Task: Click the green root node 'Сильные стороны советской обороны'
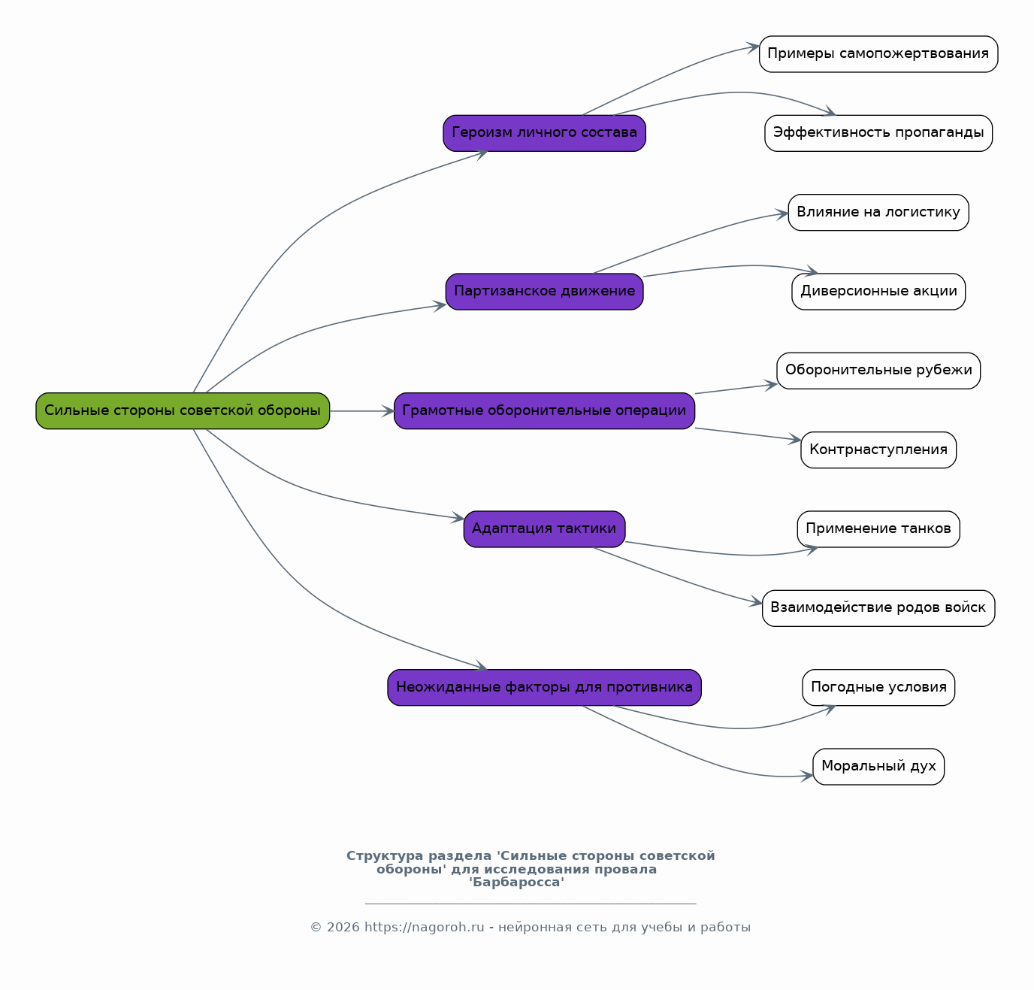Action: (183, 410)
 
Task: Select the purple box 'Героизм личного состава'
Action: (544, 133)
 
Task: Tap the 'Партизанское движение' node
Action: (544, 291)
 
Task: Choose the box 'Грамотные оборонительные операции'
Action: (544, 410)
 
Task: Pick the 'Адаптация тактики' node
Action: (544, 528)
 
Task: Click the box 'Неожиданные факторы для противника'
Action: (544, 687)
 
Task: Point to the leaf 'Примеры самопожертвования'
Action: (878, 53)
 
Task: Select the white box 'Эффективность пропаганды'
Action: (878, 133)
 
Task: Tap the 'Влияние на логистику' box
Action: (878, 212)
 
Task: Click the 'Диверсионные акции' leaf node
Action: (878, 291)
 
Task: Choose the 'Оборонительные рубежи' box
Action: (878, 371)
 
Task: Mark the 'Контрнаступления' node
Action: (878, 450)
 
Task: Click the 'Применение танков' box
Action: (878, 528)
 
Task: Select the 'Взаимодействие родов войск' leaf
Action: (878, 608)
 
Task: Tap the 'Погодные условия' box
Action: (878, 687)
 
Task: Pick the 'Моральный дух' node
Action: (878, 766)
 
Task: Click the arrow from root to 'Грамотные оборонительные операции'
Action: (362, 410)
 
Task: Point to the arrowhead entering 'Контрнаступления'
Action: (795, 439)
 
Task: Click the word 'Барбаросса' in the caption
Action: (516, 882)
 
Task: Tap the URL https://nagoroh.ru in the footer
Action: (424, 928)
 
